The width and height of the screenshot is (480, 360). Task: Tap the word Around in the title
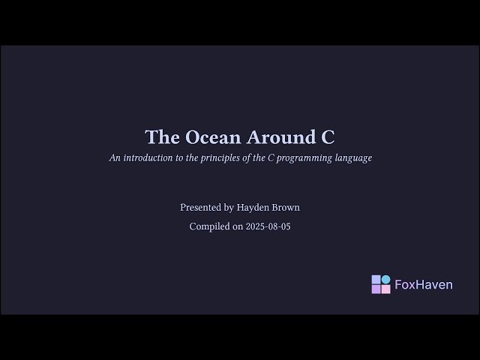pos(281,137)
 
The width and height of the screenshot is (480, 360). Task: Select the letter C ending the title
pos(328,137)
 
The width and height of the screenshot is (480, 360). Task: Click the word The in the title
pos(161,137)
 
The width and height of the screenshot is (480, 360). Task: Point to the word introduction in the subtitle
pos(147,158)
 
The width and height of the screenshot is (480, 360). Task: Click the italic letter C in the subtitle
pos(271,158)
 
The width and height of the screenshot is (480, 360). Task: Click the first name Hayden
pos(253,207)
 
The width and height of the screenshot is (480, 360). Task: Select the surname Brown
pos(286,207)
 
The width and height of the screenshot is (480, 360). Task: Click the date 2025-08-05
pos(268,226)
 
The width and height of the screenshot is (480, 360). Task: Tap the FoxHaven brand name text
pos(424,285)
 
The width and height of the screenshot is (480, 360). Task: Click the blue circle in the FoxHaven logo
pos(385,280)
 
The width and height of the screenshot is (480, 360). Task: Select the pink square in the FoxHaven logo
pos(385,289)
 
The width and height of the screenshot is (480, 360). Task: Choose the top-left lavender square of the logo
pos(376,280)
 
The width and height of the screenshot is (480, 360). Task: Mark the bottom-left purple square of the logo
pos(376,289)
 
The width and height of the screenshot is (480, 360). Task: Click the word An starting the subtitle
pos(115,158)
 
